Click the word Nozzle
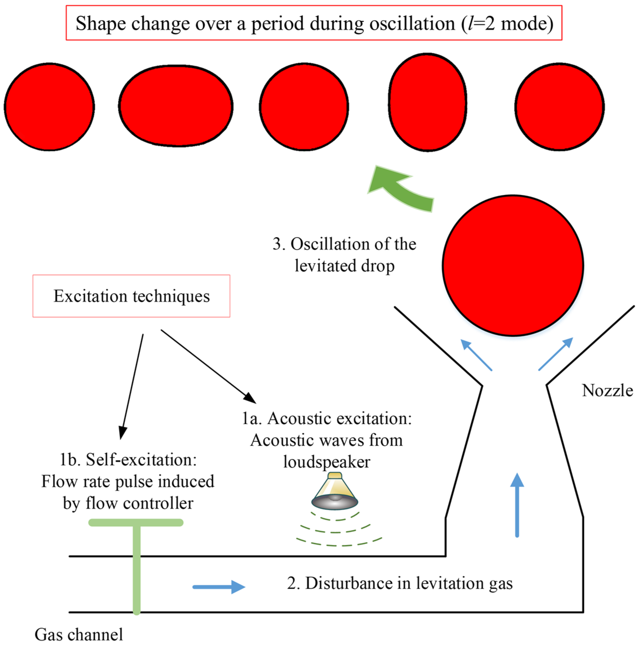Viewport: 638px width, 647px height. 607,390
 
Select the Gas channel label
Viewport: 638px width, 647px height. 79,634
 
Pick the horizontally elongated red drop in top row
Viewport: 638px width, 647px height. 176,106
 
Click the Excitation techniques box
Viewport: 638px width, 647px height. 131,296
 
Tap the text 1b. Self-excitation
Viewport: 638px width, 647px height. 128,459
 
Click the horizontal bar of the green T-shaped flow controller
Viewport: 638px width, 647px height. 136,522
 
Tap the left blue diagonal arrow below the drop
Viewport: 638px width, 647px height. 476,355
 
